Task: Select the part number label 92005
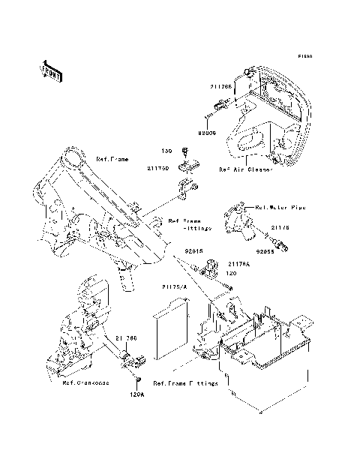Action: pos(207,133)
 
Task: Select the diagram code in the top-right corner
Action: pos(304,56)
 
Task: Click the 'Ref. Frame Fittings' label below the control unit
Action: pos(185,383)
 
